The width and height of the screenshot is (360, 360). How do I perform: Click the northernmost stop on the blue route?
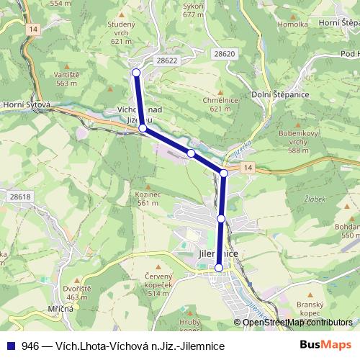(x=136, y=73)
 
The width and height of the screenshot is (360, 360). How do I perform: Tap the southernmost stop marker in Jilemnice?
(x=219, y=268)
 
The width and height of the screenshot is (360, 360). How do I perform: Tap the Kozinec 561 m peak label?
(x=146, y=198)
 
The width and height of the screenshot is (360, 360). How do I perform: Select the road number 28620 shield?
(x=224, y=54)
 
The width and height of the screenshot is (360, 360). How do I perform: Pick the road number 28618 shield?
(x=20, y=197)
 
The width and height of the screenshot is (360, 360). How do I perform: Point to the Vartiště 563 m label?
(x=66, y=78)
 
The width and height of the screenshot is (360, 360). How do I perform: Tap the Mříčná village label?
(x=58, y=308)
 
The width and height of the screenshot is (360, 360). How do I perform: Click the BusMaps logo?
(x=325, y=346)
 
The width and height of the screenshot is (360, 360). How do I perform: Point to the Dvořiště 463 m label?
(x=76, y=292)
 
